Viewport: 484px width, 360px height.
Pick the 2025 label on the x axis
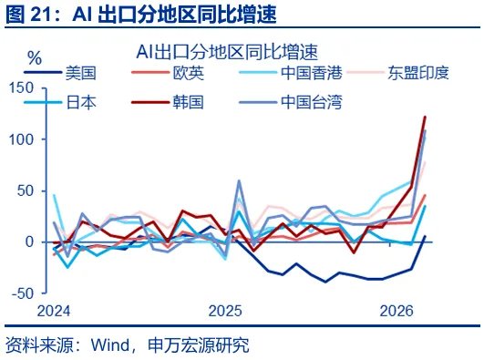pyautogui.click(x=225, y=311)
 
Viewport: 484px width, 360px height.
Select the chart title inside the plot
pyautogui.click(x=232, y=47)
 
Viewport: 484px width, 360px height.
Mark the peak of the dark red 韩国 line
pyautogui.click(x=425, y=117)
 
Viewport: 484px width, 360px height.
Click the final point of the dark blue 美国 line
pyautogui.click(x=425, y=236)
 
